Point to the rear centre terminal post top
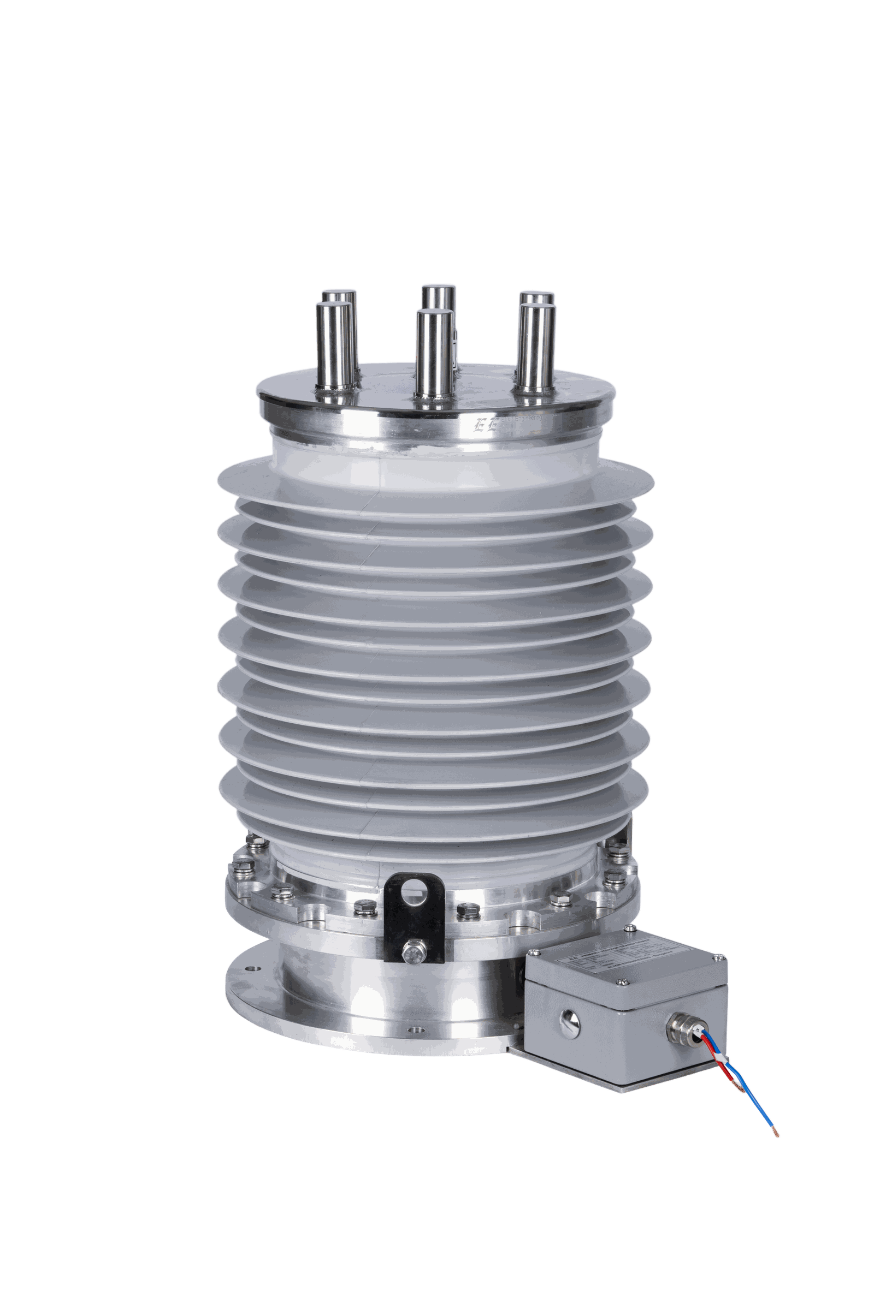[439, 291]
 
